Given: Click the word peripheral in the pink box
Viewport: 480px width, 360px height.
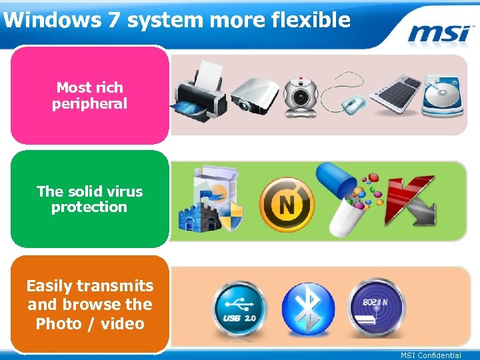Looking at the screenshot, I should click(89, 104).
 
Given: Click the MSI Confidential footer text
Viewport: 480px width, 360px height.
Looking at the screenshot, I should click(430, 355).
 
